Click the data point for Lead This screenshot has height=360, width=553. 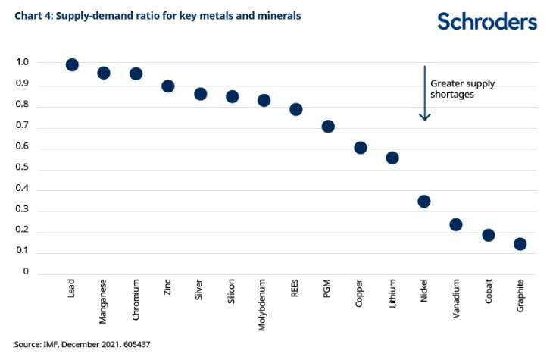coord(72,65)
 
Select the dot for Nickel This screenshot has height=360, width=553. coord(424,202)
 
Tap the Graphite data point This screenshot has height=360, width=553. coord(520,244)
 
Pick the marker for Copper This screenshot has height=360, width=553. coord(361,148)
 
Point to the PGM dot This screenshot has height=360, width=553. coord(328,127)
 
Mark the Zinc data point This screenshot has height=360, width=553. coord(168,86)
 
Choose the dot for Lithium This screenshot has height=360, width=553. coord(392,158)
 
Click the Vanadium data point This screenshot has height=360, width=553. coord(456,224)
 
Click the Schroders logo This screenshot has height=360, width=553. coord(487,21)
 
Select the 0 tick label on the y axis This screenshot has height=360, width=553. coord(25,271)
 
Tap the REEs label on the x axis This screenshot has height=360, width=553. coord(296,290)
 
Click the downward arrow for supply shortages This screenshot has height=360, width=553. coord(425,92)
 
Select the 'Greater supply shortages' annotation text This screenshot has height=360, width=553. coord(463,89)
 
